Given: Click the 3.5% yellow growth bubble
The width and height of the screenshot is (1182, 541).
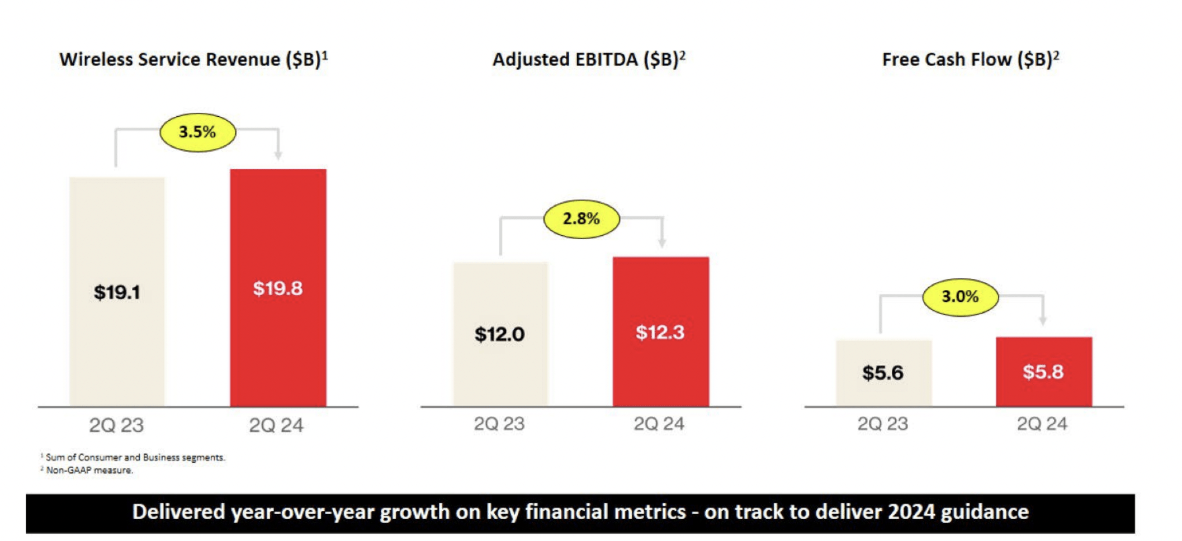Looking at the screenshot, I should pyautogui.click(x=197, y=132).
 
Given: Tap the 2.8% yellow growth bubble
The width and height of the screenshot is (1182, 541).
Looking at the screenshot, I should pyautogui.click(x=581, y=219).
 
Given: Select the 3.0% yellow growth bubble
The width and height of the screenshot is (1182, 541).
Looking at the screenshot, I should pyautogui.click(x=960, y=297).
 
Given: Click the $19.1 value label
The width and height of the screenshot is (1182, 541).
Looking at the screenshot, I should pyautogui.click(x=117, y=292).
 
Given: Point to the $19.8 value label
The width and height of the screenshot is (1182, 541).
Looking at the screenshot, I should pyautogui.click(x=278, y=288).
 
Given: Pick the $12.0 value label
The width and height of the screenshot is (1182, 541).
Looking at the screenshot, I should pyautogui.click(x=499, y=334).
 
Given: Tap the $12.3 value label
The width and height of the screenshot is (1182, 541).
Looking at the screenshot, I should pyautogui.click(x=660, y=333).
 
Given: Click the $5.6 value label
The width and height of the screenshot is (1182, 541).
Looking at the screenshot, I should pyautogui.click(x=882, y=373).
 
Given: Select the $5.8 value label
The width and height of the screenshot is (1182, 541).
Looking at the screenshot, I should pyautogui.click(x=1043, y=372).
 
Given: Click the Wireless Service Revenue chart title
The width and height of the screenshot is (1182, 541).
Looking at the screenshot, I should pyautogui.click(x=193, y=59).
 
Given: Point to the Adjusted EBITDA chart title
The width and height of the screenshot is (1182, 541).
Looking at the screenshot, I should pyautogui.click(x=589, y=59).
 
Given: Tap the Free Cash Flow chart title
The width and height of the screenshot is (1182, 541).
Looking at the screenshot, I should pyautogui.click(x=970, y=59).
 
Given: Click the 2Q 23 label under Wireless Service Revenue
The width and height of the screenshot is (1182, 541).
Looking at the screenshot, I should pyautogui.click(x=116, y=425).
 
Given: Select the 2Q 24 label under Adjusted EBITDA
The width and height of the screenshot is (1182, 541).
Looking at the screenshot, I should pyautogui.click(x=659, y=424).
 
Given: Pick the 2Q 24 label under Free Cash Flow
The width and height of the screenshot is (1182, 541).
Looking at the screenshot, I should pyautogui.click(x=1042, y=424).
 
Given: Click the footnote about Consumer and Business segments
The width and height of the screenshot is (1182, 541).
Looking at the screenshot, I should pyautogui.click(x=135, y=457).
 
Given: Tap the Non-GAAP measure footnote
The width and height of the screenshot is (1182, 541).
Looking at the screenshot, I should pyautogui.click(x=89, y=471).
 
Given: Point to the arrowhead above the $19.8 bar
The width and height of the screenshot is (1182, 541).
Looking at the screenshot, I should pyautogui.click(x=278, y=155).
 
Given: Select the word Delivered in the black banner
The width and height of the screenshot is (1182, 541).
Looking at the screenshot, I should pyautogui.click(x=178, y=512).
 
